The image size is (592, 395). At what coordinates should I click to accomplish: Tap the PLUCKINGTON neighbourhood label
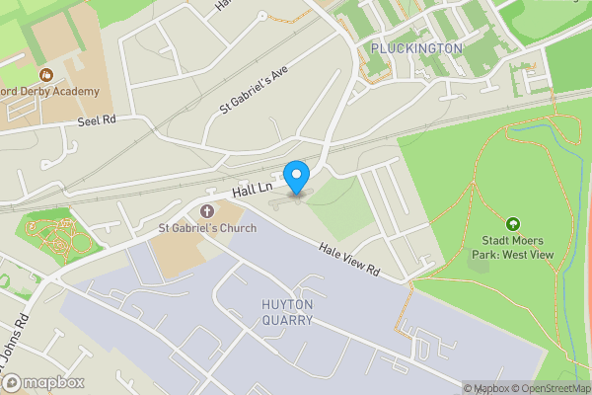(x=416, y=48)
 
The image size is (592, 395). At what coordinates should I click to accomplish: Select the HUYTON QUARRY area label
(x=288, y=312)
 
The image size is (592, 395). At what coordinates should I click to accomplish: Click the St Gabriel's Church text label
(x=207, y=229)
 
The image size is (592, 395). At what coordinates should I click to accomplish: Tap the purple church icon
(x=207, y=211)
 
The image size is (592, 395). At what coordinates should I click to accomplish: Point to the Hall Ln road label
(x=252, y=188)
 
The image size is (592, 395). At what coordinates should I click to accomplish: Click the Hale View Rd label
(x=349, y=261)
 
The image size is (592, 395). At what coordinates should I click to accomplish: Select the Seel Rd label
(x=97, y=121)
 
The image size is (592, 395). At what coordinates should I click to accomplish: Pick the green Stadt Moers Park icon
(x=513, y=224)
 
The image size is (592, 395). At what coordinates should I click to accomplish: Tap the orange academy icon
(x=44, y=74)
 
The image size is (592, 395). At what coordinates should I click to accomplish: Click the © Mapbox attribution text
(x=489, y=388)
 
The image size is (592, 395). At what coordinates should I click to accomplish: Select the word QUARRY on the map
(x=288, y=320)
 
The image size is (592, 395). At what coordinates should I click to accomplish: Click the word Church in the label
(x=237, y=229)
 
